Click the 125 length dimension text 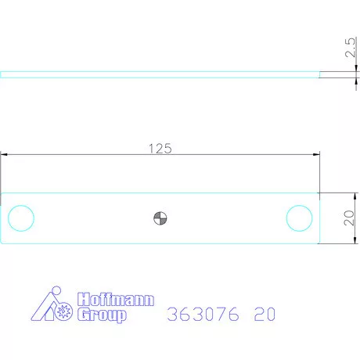point(160,147)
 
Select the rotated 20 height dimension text point(350,217)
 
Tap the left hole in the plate point(20,217)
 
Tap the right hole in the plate point(299,217)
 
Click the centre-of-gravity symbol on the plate point(160,218)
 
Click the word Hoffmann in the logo point(116,301)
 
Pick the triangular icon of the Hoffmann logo point(55,307)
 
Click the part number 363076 point(204,315)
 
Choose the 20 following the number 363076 point(265,315)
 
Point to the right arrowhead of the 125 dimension point(316,155)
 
